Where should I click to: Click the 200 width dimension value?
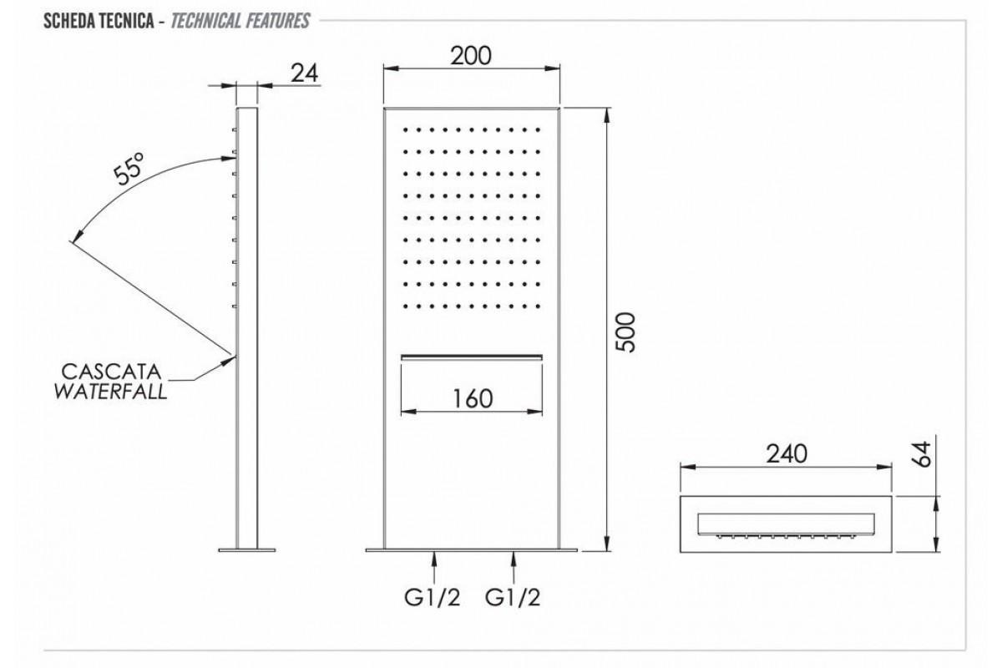[x=471, y=56]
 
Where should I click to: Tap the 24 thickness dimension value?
[x=305, y=73]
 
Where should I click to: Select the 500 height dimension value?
[x=625, y=332]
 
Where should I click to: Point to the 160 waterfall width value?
[x=473, y=398]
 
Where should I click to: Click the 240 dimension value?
[x=787, y=454]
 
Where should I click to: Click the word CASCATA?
[x=111, y=372]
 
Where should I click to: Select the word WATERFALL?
[x=110, y=392]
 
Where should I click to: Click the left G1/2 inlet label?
[x=433, y=597]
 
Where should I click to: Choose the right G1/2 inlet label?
[x=513, y=597]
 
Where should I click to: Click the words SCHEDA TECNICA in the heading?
[x=99, y=21]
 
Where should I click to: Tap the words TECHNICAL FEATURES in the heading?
[x=240, y=21]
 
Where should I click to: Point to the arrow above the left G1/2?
[x=434, y=568]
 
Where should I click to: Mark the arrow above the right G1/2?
[x=514, y=568]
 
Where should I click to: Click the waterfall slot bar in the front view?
[x=472, y=357]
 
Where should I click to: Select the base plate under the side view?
[x=247, y=550]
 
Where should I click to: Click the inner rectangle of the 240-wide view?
[x=786, y=524]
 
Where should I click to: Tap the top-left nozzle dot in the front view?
[x=405, y=130]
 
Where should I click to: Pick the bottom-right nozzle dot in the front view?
[x=538, y=306]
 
